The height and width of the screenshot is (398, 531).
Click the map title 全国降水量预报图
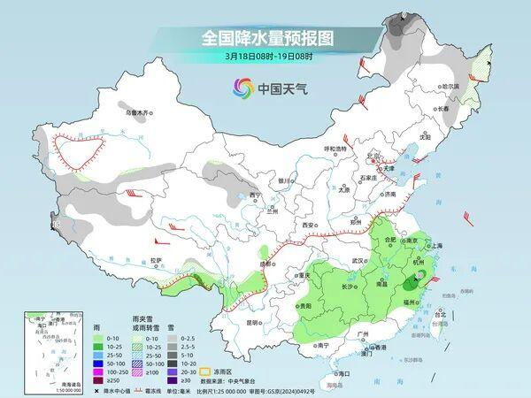[265, 38]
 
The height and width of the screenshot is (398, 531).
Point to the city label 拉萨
[156, 259]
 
